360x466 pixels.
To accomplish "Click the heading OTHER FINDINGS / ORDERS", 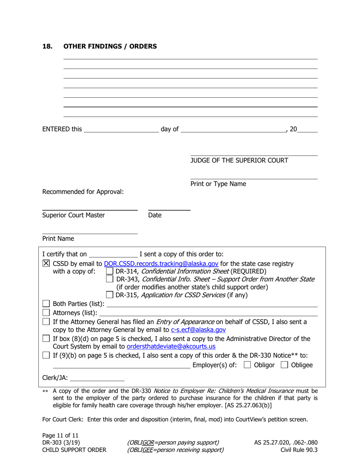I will (x=110, y=47).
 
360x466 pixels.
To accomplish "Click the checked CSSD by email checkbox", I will (x=46, y=264).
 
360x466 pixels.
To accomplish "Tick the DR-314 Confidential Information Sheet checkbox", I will (x=110, y=271).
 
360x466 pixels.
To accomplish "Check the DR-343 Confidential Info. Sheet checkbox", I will (x=110, y=279).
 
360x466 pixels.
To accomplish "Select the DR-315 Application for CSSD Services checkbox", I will (x=110, y=295).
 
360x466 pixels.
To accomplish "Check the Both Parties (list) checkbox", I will (x=46, y=304).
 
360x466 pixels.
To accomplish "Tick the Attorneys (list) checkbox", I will (x=46, y=313).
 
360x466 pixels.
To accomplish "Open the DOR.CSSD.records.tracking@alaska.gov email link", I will (x=161, y=264).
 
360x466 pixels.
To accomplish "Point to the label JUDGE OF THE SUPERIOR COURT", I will (x=239, y=160).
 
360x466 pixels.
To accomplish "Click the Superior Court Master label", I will (x=74, y=215).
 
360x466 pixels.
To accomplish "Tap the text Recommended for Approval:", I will (x=83, y=192).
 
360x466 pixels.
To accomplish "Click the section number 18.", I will (x=47, y=47).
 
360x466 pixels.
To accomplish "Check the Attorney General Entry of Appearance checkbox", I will (x=46, y=322).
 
